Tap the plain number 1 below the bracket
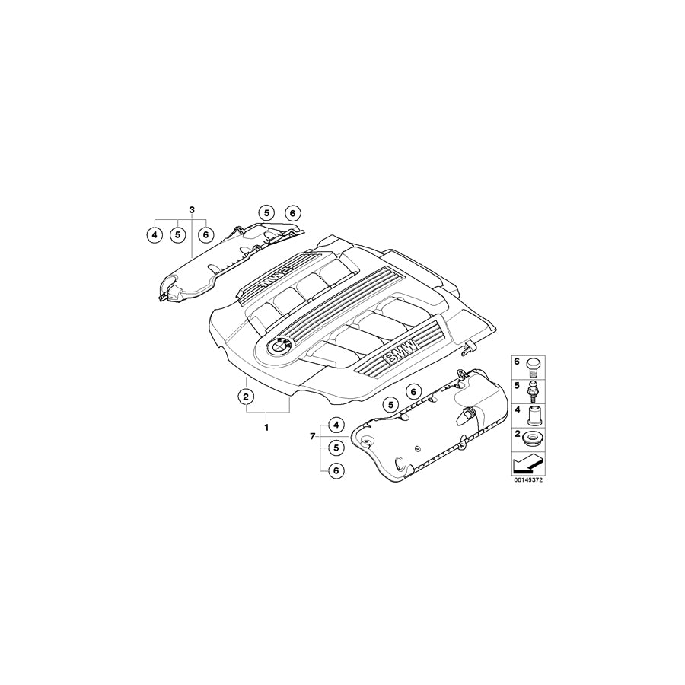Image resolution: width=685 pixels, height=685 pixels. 266,428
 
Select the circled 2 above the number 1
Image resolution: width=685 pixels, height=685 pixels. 246,396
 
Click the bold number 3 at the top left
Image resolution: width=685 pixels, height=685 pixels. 192,209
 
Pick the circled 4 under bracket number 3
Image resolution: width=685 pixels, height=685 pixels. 155,235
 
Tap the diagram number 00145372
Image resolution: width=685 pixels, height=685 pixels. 527,480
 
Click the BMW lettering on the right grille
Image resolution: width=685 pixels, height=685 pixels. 400,353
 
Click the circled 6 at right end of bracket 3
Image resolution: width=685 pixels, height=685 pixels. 205,235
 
